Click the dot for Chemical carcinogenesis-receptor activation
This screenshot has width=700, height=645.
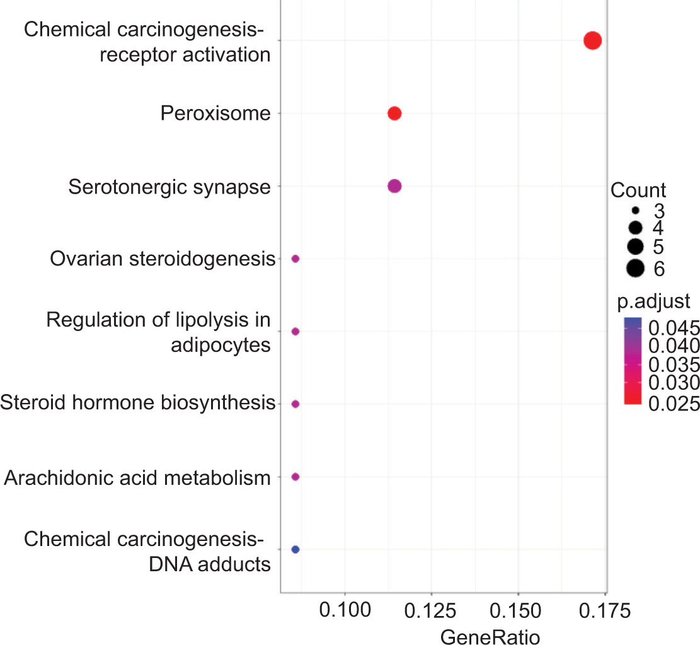coord(592,41)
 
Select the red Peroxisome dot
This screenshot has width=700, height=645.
coord(394,113)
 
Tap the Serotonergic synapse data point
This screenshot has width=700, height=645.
coord(394,186)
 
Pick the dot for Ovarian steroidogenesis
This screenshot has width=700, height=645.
coord(295,259)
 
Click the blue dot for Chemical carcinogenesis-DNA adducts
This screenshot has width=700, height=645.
coord(295,549)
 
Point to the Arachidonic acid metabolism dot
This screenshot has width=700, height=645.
coord(295,477)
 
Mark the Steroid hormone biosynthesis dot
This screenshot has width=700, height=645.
coord(295,404)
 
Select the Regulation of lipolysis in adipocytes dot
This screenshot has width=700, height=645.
coord(295,331)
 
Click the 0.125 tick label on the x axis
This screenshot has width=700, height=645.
coord(431,612)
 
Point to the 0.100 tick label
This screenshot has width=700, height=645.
coord(345,612)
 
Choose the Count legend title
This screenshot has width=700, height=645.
coord(638,190)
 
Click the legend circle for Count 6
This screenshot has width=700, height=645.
coord(635,269)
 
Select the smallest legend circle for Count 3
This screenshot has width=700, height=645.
coord(635,209)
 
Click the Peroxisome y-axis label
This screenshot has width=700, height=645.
coord(215,114)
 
